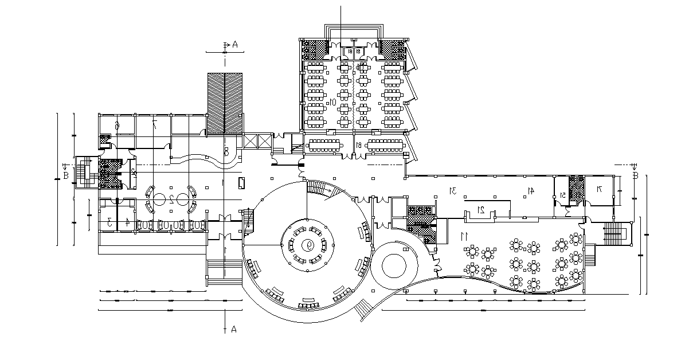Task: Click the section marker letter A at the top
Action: pos(234,44)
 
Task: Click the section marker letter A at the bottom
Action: pos(233,329)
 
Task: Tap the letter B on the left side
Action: pos(66,175)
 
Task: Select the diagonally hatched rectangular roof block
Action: pos(225,104)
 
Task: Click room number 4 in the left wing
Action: pos(127,221)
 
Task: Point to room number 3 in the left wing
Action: pos(109,221)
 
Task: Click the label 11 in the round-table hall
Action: pos(464,236)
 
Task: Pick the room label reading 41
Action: pos(530,190)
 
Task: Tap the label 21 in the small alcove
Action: pos(482,210)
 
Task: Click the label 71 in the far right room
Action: pos(598,189)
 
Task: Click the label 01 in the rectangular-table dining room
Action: pos(332,102)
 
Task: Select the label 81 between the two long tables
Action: pos(358,145)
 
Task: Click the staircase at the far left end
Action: pos(87,171)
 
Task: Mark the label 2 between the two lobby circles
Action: pos(171,199)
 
